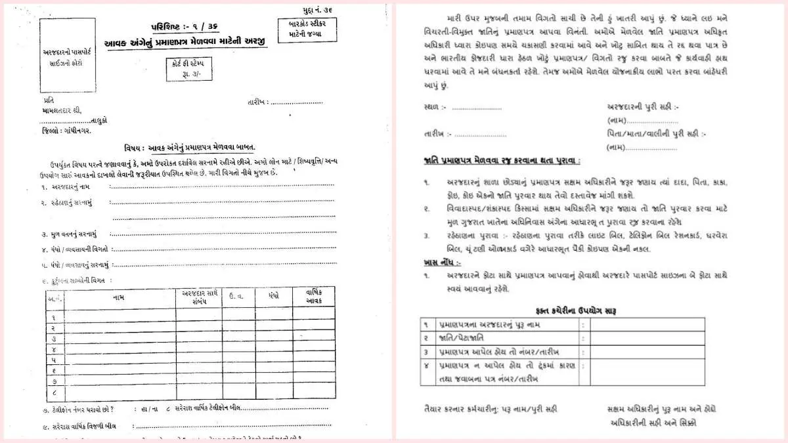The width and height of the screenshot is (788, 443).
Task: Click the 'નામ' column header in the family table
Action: point(119,298)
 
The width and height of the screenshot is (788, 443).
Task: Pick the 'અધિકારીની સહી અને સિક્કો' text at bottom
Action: point(653,423)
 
